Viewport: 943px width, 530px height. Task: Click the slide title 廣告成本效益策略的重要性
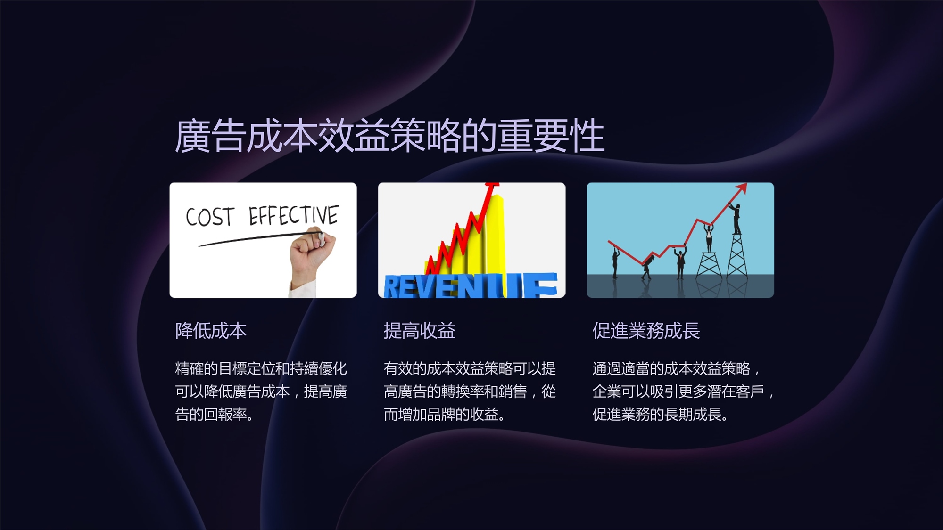pos(389,136)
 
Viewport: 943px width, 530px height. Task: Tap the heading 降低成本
pos(211,331)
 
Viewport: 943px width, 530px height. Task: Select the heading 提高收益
pos(420,331)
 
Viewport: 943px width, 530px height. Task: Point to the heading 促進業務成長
pos(646,331)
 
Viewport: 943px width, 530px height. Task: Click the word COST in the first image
pos(210,217)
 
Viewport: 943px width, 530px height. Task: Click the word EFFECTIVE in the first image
pos(293,215)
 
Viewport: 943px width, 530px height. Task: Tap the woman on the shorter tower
pos(708,238)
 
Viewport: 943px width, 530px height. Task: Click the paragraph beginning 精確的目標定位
pos(261,391)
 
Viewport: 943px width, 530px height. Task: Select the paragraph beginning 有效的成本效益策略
pos(470,391)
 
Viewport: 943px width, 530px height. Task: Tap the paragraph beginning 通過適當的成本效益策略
pos(683,391)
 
